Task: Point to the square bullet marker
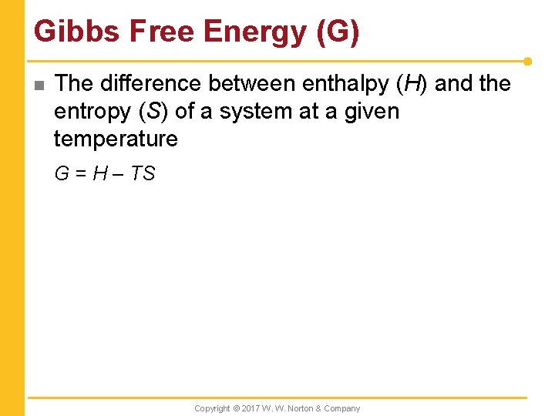[x=39, y=85]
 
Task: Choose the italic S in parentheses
[x=153, y=112]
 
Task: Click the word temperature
[x=116, y=139]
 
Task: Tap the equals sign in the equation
[x=79, y=174]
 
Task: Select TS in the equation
[x=143, y=174]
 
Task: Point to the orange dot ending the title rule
[x=527, y=61]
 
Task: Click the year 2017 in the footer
[x=251, y=408]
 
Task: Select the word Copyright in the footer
[x=212, y=408]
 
